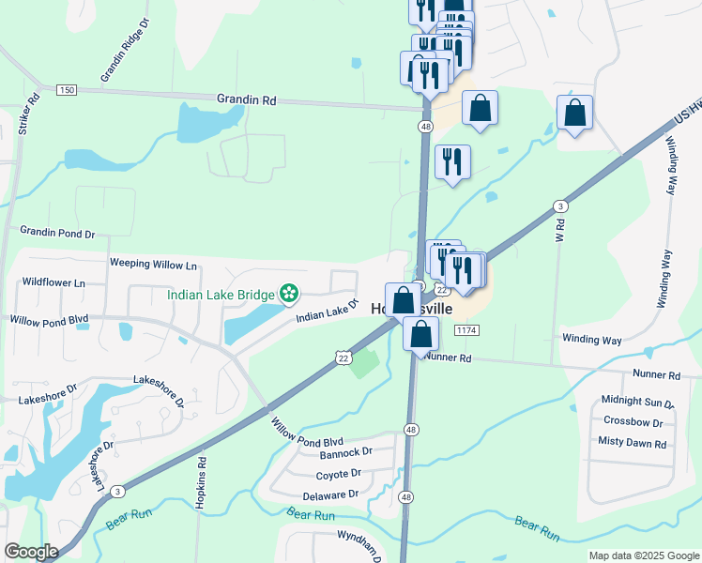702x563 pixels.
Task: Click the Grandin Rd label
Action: click(246, 99)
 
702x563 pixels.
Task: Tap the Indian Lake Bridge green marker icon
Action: click(289, 295)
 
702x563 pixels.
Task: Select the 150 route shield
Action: click(66, 89)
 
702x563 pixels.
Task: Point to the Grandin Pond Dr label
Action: click(58, 233)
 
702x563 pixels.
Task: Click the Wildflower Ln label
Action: click(53, 281)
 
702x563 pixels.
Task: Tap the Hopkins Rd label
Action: click(200, 483)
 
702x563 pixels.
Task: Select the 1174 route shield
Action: click(465, 331)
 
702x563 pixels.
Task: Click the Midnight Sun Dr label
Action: click(637, 403)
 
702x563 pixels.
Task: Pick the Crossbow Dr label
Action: click(633, 421)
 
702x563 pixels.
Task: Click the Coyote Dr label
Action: click(338, 475)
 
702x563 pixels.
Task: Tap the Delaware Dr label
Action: click(330, 495)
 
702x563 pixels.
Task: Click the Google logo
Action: click(32, 552)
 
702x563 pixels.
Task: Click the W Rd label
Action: click(559, 232)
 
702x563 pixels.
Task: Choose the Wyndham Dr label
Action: click(361, 543)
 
